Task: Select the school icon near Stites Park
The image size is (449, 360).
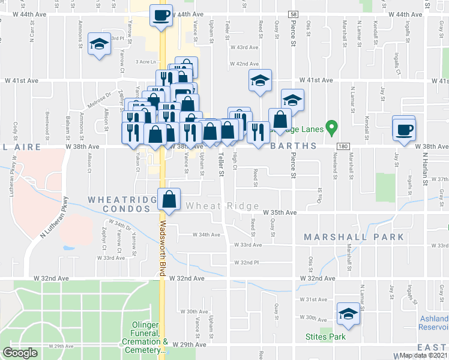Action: click(x=348, y=314)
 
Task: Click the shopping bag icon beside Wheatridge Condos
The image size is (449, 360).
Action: click(x=169, y=199)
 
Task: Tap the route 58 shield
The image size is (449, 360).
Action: click(x=292, y=14)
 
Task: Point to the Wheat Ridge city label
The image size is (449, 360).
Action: click(x=214, y=206)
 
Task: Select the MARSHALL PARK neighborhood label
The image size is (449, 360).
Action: click(x=354, y=237)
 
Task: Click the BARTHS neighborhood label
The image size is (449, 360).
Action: click(x=292, y=146)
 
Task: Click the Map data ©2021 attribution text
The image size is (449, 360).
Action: click(x=422, y=355)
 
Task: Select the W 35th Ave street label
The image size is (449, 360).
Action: click(x=280, y=212)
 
